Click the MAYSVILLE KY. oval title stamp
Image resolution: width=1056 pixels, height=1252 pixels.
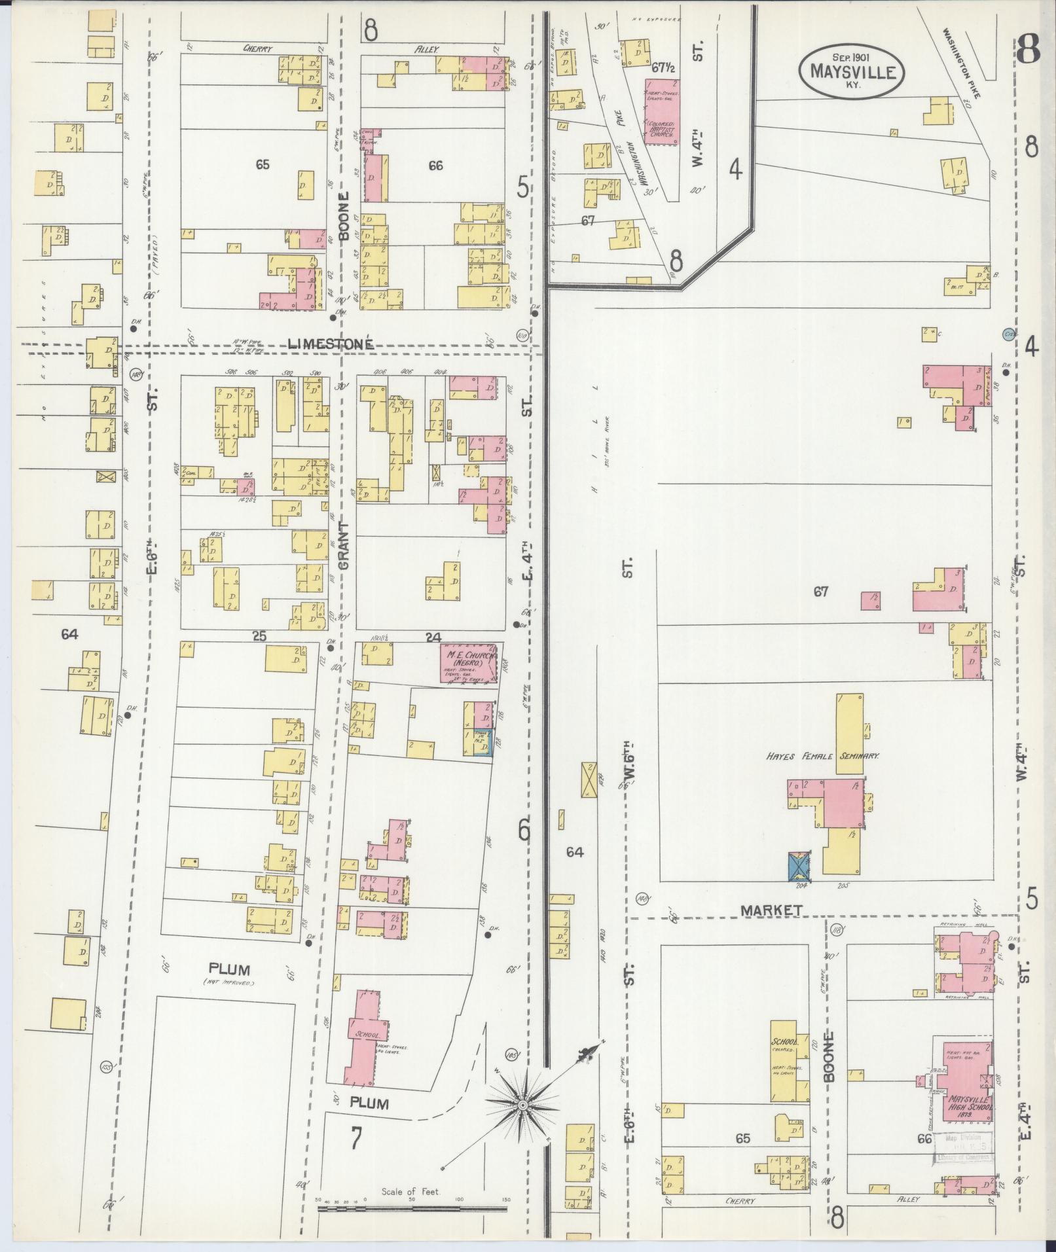tap(851, 71)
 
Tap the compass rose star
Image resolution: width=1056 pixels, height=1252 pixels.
tap(522, 1105)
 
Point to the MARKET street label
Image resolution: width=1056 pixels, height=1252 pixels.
tap(772, 910)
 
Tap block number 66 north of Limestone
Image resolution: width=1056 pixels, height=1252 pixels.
tap(435, 166)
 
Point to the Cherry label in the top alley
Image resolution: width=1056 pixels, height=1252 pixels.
tap(257, 48)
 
